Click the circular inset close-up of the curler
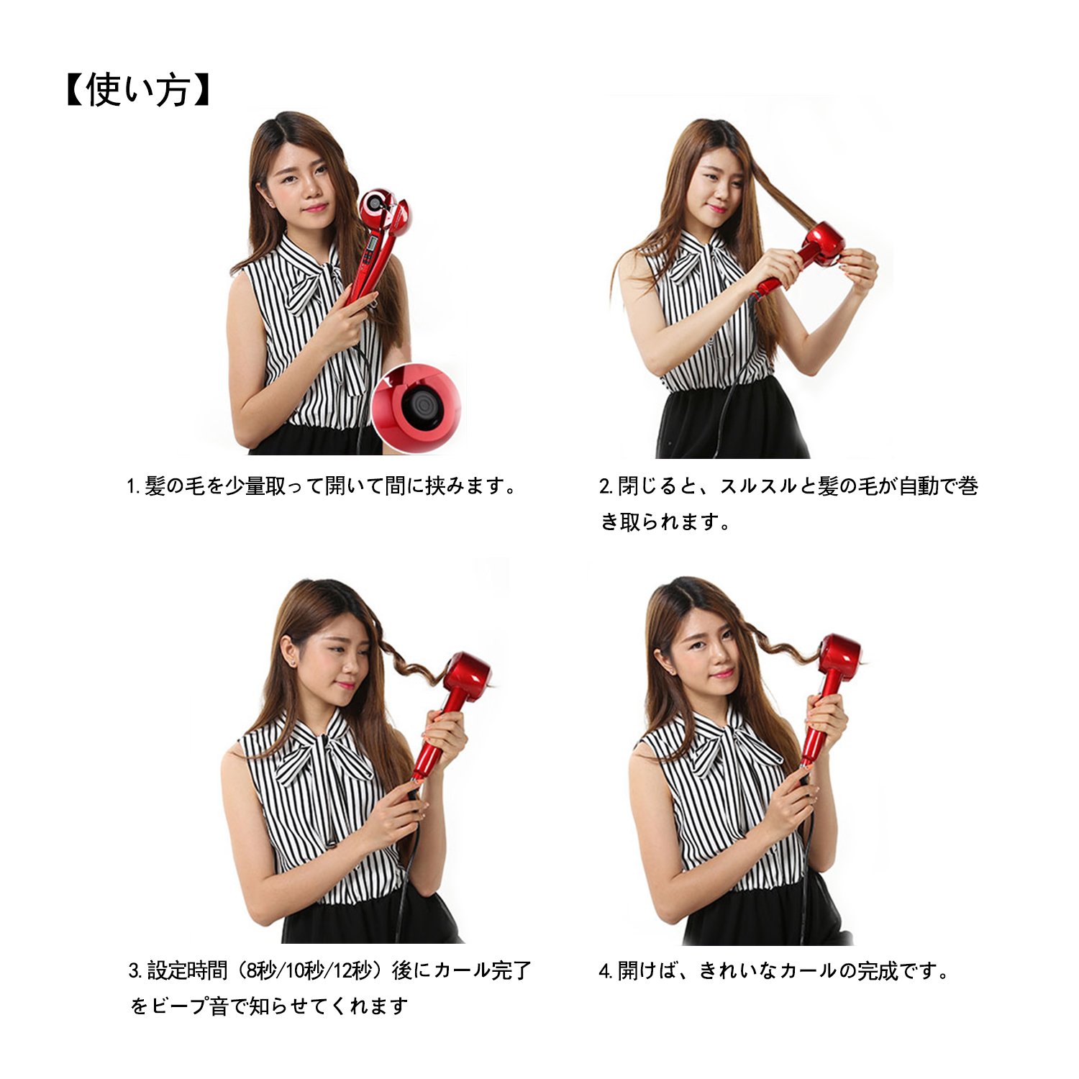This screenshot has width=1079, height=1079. (x=417, y=408)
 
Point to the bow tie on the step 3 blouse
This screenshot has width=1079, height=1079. (x=324, y=748)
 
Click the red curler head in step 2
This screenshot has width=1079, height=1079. (x=821, y=244)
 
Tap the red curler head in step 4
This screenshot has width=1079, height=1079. (x=839, y=657)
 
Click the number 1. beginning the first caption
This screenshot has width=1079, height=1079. (x=134, y=486)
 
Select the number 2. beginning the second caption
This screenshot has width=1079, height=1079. (x=606, y=486)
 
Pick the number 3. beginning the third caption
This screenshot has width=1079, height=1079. (x=136, y=971)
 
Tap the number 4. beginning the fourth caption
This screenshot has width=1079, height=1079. (x=606, y=971)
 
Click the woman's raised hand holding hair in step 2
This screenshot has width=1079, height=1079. (x=857, y=270)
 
